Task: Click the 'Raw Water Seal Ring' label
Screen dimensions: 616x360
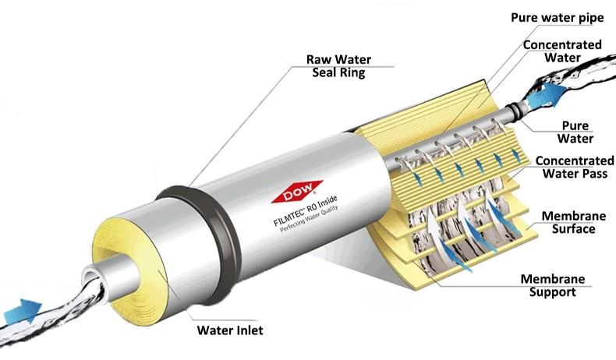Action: click(338, 66)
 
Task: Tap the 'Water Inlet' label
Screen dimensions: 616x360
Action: click(230, 330)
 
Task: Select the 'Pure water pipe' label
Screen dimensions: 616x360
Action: click(557, 18)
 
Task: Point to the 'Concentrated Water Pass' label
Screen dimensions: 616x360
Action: click(575, 167)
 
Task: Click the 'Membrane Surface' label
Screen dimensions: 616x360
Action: click(574, 222)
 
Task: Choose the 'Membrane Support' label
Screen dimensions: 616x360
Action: click(553, 285)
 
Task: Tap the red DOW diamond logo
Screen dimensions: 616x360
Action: click(296, 192)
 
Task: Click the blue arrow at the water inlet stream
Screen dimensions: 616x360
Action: click(23, 311)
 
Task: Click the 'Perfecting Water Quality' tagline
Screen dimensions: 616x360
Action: click(310, 220)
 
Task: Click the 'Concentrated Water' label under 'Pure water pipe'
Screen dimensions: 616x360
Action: click(562, 51)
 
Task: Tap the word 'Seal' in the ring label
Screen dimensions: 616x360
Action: click(325, 72)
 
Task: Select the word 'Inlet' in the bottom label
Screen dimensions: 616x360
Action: click(246, 330)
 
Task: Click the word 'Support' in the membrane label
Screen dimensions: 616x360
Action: click(552, 292)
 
